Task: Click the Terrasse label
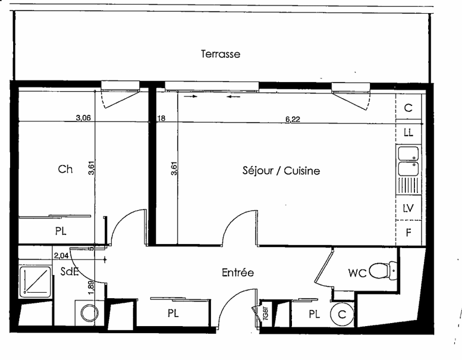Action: (221, 54)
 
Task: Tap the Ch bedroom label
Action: (65, 169)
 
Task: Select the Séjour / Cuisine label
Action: (281, 171)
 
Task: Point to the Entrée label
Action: (237, 273)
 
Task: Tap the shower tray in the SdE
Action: (35, 281)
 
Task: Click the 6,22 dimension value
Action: (293, 119)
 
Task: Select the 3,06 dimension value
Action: (83, 118)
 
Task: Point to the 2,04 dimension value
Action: (61, 256)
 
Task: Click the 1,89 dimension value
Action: (91, 287)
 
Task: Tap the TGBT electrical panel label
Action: (265, 314)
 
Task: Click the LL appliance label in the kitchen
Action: (408, 133)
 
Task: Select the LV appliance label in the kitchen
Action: (408, 208)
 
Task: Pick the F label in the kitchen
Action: (408, 233)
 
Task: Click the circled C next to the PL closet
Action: (342, 315)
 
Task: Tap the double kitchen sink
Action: (408, 161)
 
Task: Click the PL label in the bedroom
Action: (61, 231)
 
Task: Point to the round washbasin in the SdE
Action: (90, 314)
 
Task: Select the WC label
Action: (357, 273)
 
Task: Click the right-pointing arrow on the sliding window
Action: (191, 96)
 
